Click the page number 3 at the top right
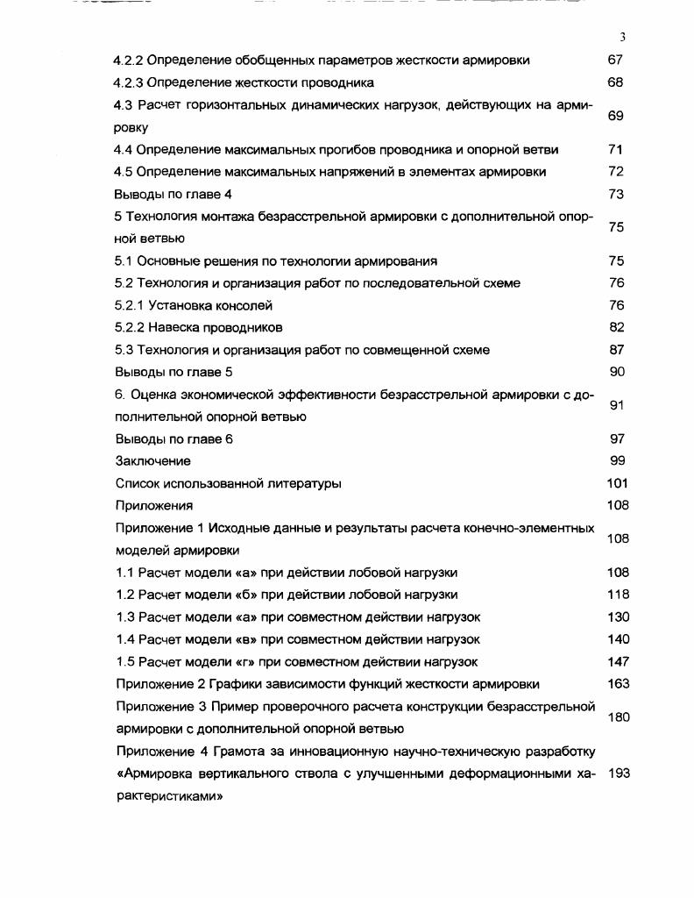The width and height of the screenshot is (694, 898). (x=621, y=38)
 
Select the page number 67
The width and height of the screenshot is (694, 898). (x=615, y=61)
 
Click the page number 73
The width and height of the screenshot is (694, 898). (x=615, y=194)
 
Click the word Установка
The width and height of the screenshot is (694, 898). (x=178, y=306)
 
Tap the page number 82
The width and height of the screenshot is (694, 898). (x=616, y=328)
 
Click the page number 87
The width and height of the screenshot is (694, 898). (x=616, y=350)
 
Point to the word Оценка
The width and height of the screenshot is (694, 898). (x=154, y=395)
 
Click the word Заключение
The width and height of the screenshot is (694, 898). (x=152, y=461)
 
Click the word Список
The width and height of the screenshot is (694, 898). (x=138, y=483)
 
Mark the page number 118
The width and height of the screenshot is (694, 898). (x=618, y=595)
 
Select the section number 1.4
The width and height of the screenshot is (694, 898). (x=124, y=639)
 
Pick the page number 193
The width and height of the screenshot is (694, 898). (x=618, y=773)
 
